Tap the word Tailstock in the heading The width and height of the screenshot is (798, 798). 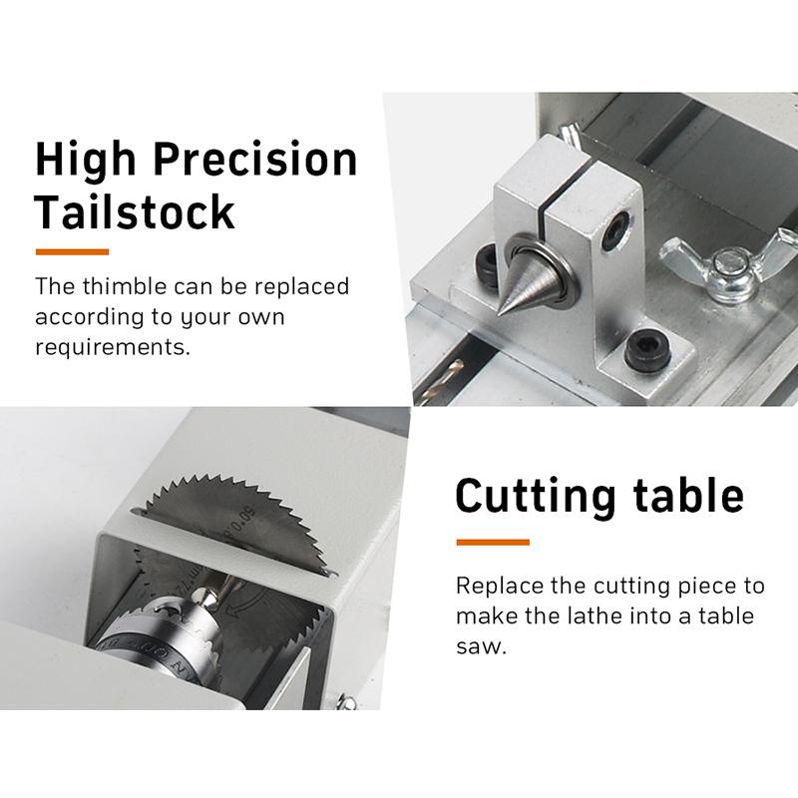click(135, 212)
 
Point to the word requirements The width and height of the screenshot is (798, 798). click(112, 349)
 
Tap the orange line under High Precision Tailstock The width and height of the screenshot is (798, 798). click(72, 250)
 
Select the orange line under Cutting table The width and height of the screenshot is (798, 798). click(492, 542)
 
